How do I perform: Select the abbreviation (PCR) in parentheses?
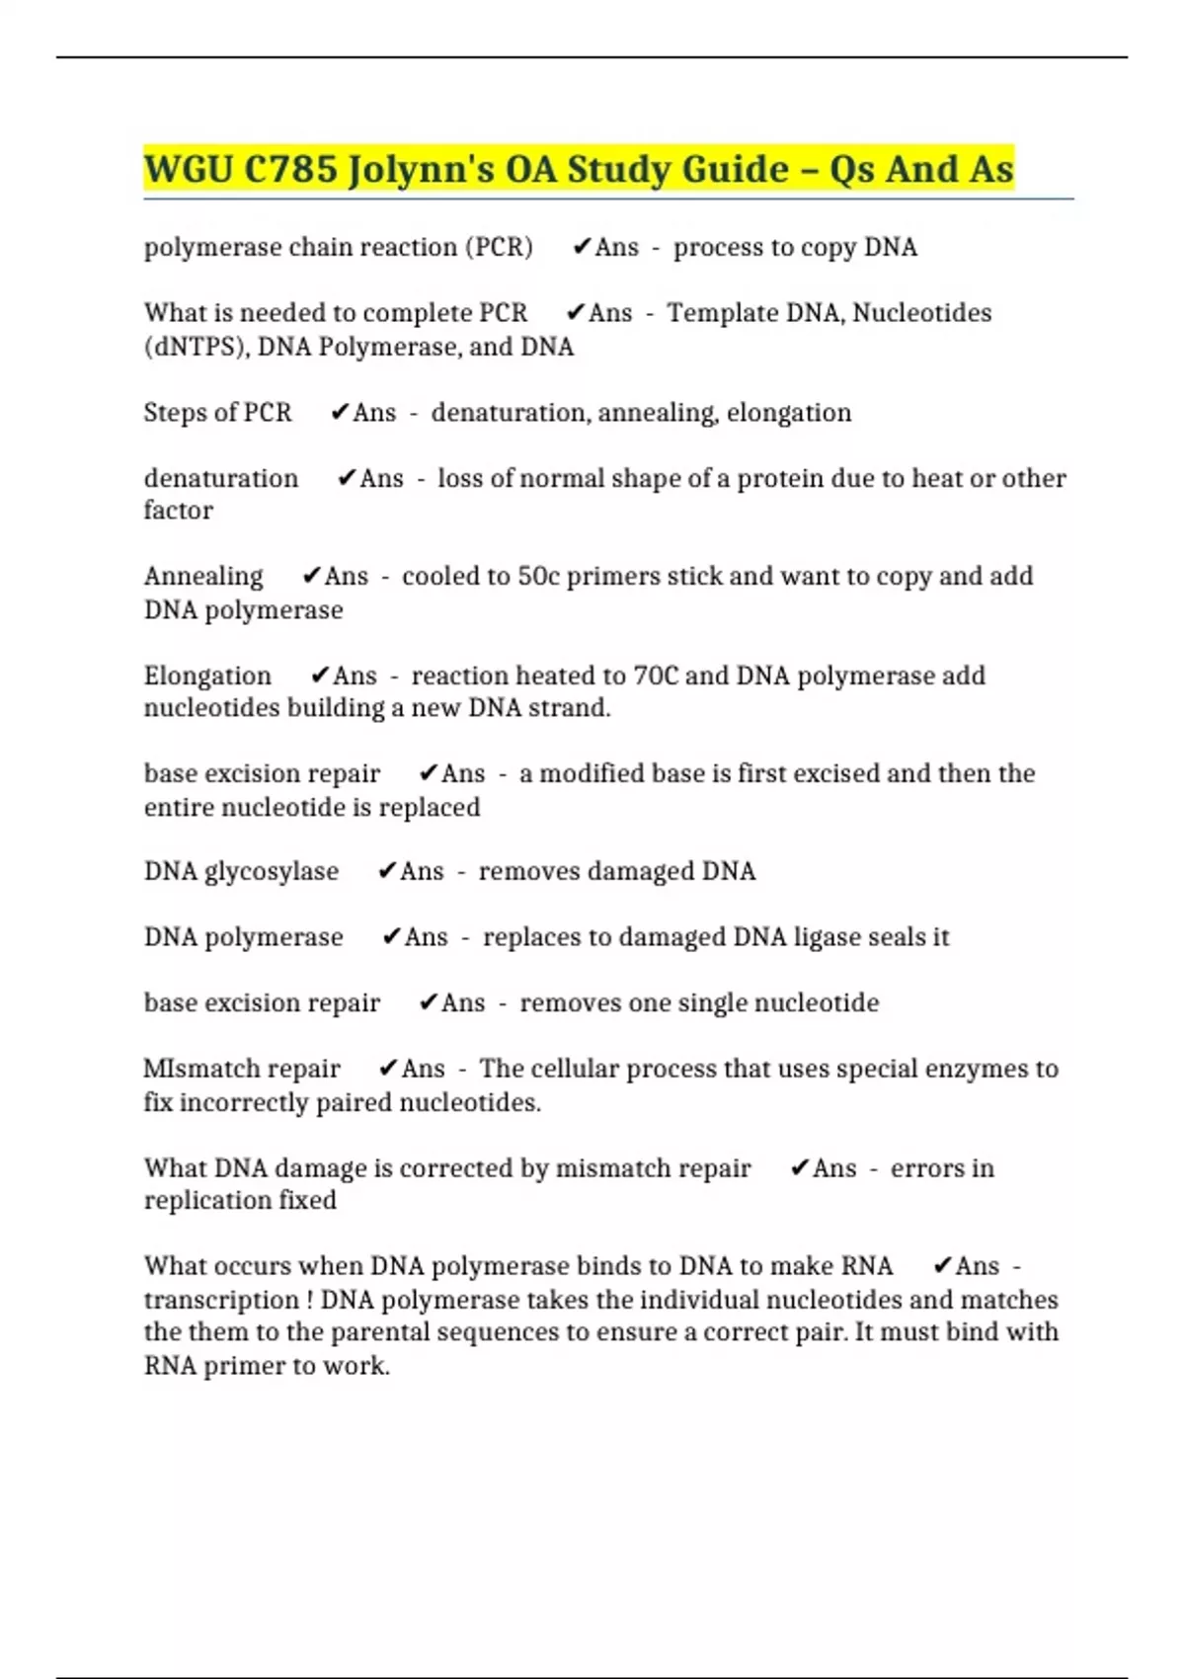click(x=499, y=247)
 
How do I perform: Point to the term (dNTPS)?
click(x=194, y=348)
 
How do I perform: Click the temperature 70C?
click(x=655, y=676)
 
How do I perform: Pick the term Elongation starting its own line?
click(x=207, y=676)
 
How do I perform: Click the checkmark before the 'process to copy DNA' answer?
click(x=582, y=246)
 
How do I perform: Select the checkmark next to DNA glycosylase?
click(x=387, y=870)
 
